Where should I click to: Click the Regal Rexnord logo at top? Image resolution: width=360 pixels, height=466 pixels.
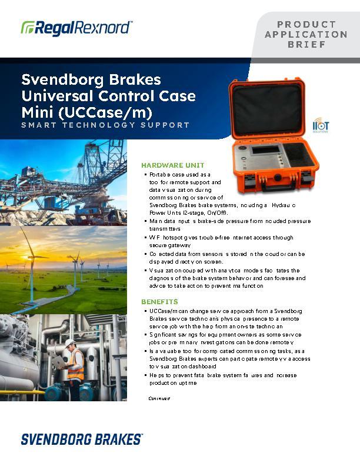tap(76, 27)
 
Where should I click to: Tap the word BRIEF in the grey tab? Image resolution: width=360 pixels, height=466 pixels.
tap(306, 44)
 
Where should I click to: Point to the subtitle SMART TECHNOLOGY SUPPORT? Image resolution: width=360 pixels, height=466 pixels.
tap(105, 125)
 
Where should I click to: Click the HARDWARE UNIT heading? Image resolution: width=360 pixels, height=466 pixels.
tap(172, 165)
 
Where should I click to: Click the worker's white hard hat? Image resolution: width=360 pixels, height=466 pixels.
tap(70, 342)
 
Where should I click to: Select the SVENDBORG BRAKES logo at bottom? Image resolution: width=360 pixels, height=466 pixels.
tap(82, 439)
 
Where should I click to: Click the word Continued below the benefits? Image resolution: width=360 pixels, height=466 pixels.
tap(159, 398)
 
